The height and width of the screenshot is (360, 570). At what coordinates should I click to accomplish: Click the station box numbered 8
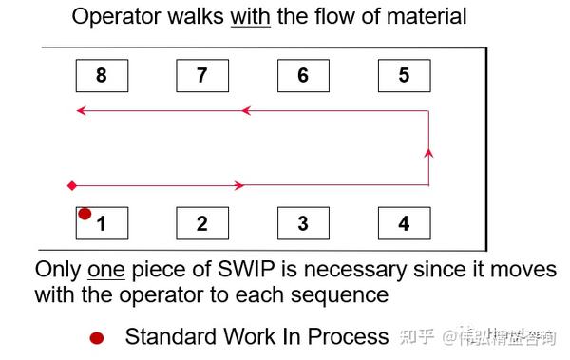[102, 76]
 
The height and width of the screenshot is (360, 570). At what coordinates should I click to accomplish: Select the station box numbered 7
[202, 76]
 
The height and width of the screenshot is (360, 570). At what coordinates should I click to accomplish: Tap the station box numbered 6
[303, 76]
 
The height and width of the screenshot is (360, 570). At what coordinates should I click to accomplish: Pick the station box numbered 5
[404, 76]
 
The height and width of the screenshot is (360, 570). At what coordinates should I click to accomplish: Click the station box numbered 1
[102, 223]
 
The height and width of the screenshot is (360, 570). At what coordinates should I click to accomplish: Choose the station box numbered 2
[202, 223]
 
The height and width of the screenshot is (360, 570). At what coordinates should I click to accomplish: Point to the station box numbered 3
[303, 223]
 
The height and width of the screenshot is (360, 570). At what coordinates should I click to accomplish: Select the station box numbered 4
[404, 223]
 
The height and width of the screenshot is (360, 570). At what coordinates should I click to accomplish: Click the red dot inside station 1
[85, 215]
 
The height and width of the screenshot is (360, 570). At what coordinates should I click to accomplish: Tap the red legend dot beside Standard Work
[96, 337]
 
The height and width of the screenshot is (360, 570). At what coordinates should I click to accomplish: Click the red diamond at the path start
[71, 184]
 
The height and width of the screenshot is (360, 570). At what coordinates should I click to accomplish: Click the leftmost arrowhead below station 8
[81, 111]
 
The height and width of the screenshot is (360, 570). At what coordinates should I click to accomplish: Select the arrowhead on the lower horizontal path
[240, 184]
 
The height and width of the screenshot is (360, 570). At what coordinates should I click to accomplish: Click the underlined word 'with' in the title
[251, 16]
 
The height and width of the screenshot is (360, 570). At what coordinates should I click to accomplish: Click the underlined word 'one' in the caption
[107, 270]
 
